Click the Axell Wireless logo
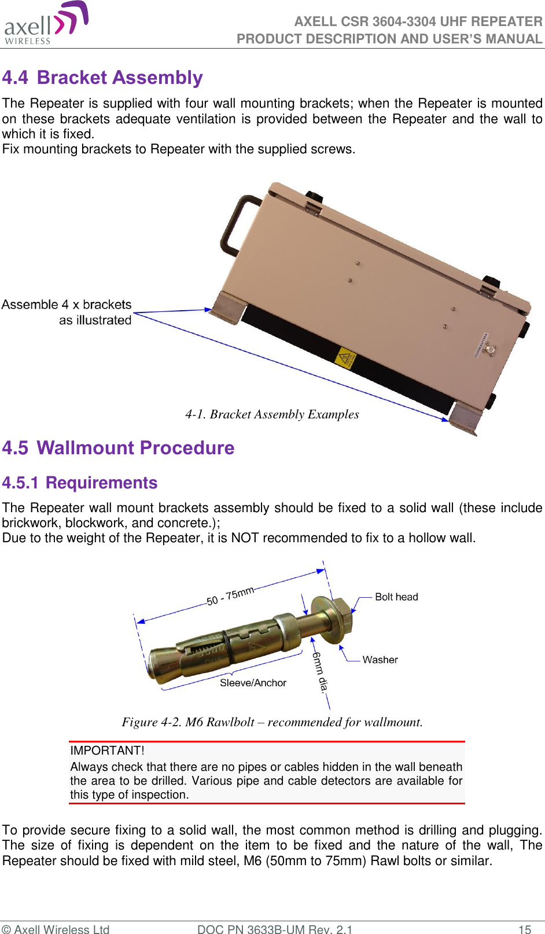[x=46, y=24]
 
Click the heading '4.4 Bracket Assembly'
[x=102, y=78]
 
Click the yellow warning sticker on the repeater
[x=345, y=359]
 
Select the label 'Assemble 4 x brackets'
[x=67, y=305]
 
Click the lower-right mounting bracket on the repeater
[x=466, y=418]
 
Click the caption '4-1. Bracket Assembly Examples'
[x=272, y=414]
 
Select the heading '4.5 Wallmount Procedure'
[x=118, y=448]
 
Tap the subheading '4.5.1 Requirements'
[x=80, y=483]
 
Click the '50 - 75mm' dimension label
[x=230, y=595]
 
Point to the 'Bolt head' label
[x=396, y=597]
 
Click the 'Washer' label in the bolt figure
[x=380, y=660]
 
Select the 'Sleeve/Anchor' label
[x=253, y=683]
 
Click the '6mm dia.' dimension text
[x=320, y=671]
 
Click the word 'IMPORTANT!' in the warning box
[x=107, y=751]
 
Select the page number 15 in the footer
[x=524, y=929]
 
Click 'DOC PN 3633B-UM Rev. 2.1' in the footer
[x=274, y=929]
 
